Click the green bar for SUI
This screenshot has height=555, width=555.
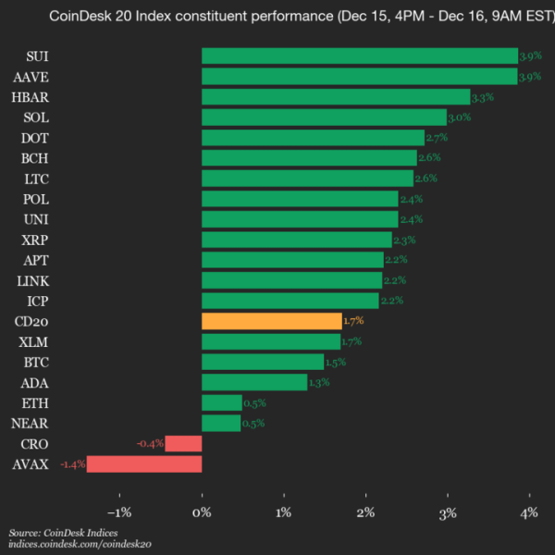(x=359, y=56)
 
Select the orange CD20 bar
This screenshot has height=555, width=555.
(x=271, y=321)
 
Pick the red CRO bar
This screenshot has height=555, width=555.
(x=183, y=443)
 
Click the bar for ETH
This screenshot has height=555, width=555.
(x=221, y=402)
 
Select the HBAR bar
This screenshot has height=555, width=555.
(x=336, y=97)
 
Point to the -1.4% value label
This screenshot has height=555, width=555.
(x=72, y=463)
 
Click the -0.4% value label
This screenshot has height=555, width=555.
(x=150, y=443)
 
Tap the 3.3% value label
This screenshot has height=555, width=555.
(x=483, y=97)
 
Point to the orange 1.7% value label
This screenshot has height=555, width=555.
(x=354, y=321)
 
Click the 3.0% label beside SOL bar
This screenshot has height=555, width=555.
(x=460, y=117)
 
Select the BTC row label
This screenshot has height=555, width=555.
(x=36, y=362)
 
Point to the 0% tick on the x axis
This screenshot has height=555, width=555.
(x=202, y=512)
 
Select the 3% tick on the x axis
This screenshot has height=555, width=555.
(x=448, y=512)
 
